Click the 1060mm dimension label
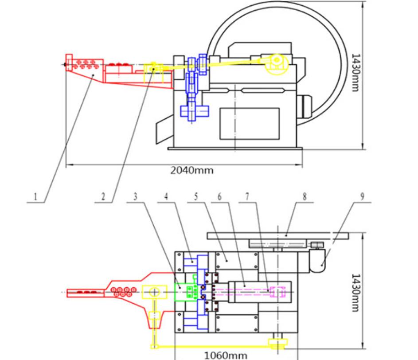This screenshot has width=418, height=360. coord(223,355)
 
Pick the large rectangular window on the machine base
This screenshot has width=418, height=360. coord(250,123)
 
